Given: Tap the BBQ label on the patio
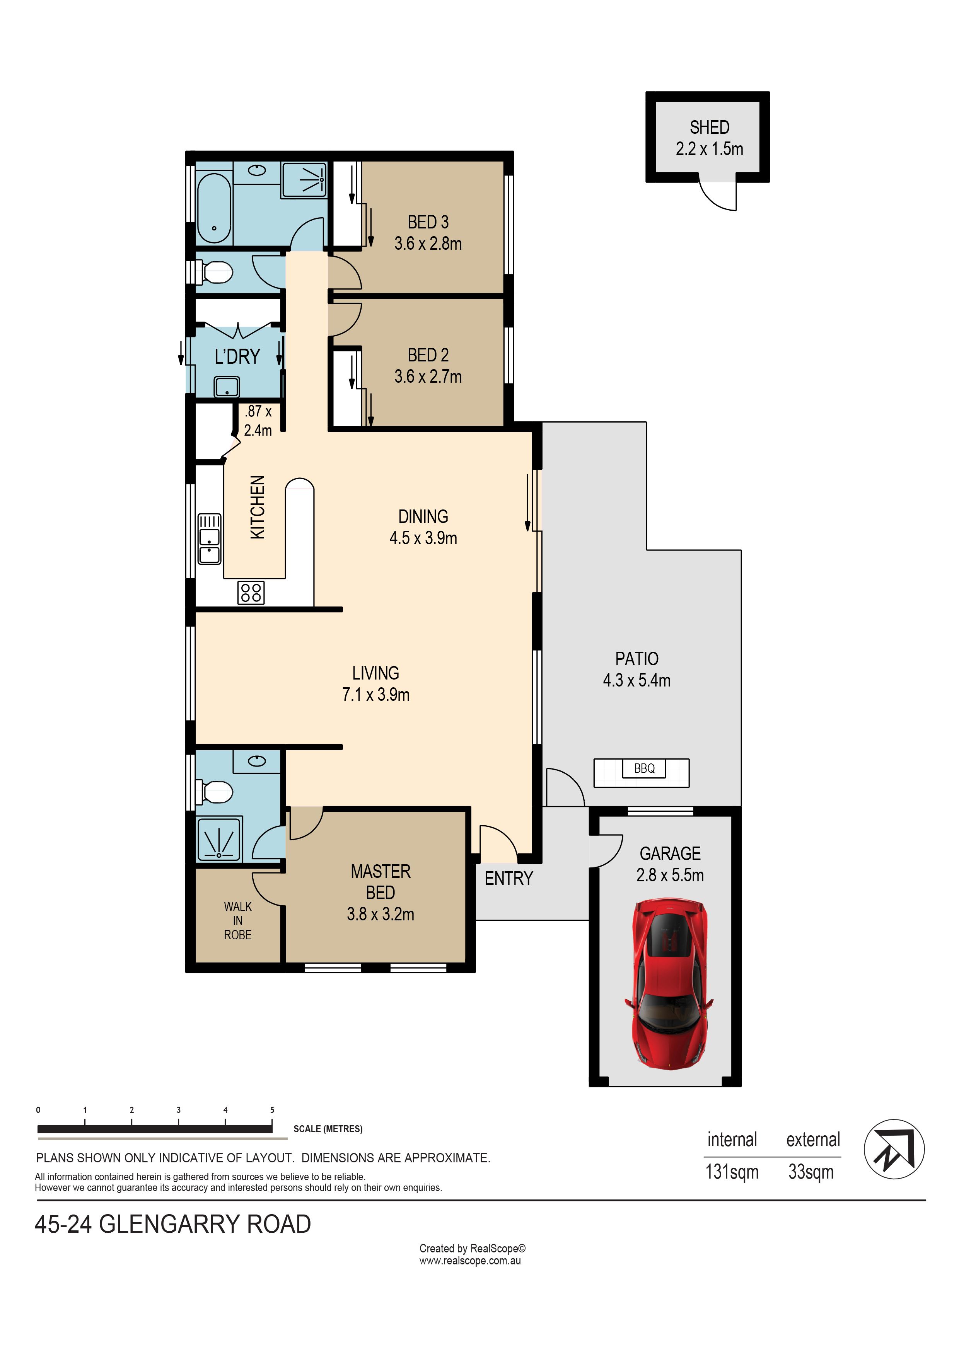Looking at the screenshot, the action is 644,768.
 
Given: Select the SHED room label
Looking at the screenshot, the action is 709,128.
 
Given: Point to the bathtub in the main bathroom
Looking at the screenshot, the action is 213,208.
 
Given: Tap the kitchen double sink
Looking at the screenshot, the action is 209,538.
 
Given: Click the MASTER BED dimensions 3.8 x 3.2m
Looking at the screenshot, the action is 380,914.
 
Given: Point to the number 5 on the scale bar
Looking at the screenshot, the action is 272,1110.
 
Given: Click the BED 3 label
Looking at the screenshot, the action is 428,222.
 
